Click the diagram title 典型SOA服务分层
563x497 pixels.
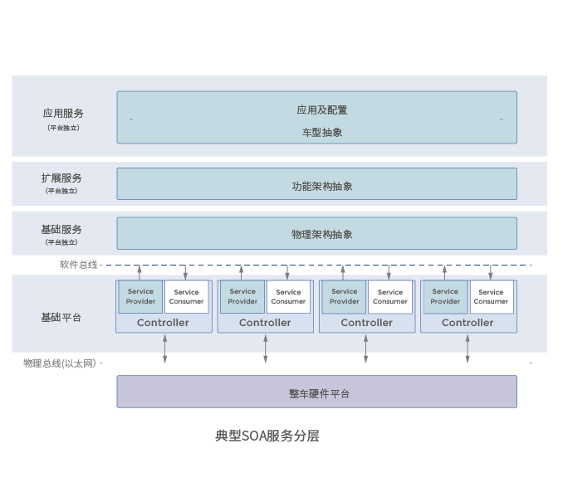(x=267, y=436)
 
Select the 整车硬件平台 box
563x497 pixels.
(x=316, y=392)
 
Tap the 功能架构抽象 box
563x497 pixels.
(x=316, y=184)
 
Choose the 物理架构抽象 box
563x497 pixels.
(x=316, y=233)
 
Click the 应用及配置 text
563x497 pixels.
(x=322, y=110)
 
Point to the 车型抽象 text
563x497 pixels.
(x=322, y=132)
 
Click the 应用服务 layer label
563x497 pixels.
(x=63, y=114)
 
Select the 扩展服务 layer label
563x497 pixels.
(x=61, y=178)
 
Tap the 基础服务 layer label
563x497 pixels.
(x=61, y=230)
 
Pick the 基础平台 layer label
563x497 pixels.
(x=61, y=318)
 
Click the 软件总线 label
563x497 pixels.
(x=78, y=265)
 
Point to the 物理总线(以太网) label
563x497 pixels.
(x=59, y=363)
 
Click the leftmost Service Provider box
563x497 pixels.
(x=140, y=296)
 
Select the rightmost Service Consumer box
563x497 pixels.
(x=491, y=296)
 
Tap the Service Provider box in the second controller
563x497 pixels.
(x=242, y=296)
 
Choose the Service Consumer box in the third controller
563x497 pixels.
(x=389, y=296)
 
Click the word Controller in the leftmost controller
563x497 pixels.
(x=163, y=323)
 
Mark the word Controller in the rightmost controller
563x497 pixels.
(x=468, y=323)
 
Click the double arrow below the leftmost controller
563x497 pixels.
(x=165, y=348)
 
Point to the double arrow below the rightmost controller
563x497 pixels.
(x=468, y=348)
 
